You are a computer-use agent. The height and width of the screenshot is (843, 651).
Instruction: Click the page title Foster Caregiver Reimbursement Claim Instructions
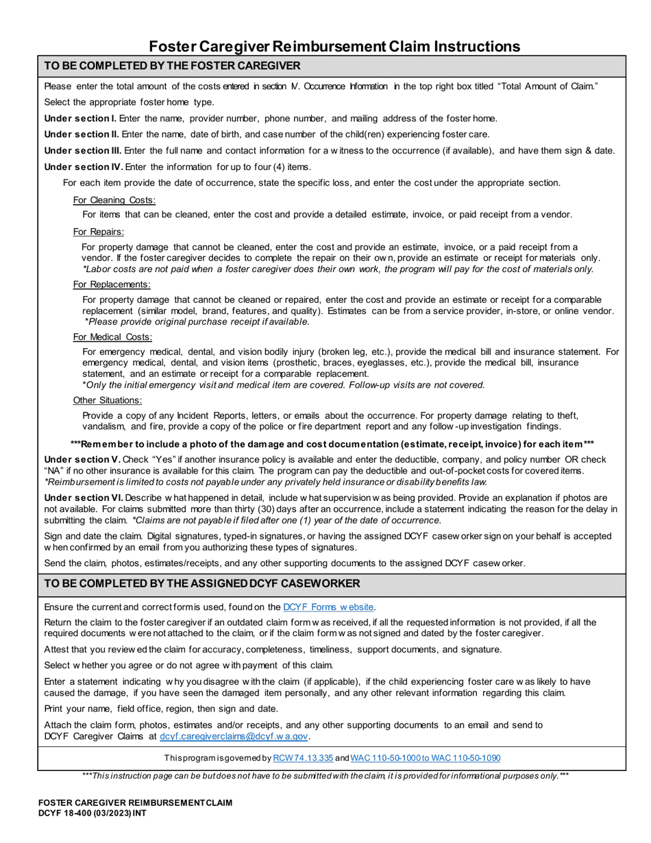pyautogui.click(x=335, y=47)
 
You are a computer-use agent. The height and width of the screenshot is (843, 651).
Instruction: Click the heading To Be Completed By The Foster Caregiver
pyautogui.click(x=172, y=66)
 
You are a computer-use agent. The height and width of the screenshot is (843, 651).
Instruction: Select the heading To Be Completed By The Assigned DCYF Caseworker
pyautogui.click(x=201, y=584)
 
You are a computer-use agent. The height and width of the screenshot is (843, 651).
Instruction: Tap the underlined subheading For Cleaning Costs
pyautogui.click(x=114, y=200)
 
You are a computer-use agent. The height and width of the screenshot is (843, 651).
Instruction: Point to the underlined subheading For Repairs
pyautogui.click(x=99, y=232)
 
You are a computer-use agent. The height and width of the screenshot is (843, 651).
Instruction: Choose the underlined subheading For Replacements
pyautogui.click(x=112, y=284)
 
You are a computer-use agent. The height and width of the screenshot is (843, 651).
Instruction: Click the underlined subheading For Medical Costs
pyautogui.click(x=112, y=337)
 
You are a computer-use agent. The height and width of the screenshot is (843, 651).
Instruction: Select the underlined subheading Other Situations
pyautogui.click(x=108, y=400)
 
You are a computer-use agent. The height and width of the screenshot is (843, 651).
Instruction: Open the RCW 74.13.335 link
pyautogui.click(x=303, y=758)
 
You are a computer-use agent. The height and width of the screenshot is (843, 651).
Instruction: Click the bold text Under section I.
pyautogui.click(x=80, y=118)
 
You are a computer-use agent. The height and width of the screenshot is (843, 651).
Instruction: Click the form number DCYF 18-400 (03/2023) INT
pyautogui.click(x=91, y=811)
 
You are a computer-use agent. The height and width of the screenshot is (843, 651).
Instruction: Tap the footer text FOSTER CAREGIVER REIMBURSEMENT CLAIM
pyautogui.click(x=135, y=802)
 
